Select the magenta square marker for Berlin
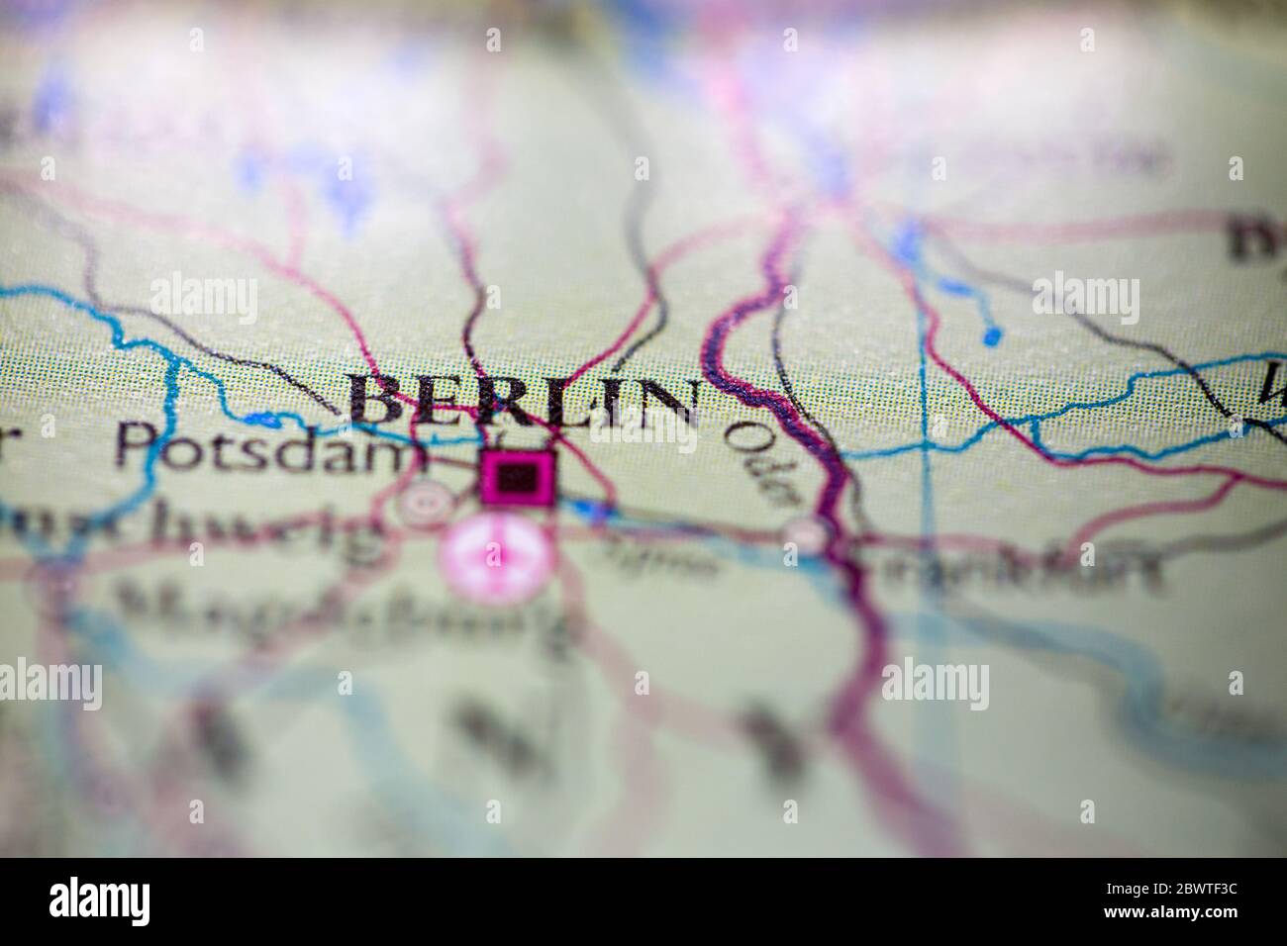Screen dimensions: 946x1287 click(x=518, y=477)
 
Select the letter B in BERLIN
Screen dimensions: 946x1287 click(x=380, y=400)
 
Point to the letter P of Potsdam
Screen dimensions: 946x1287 click(x=135, y=447)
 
